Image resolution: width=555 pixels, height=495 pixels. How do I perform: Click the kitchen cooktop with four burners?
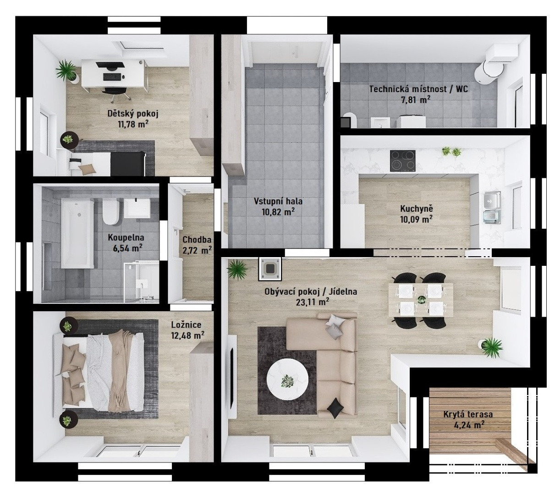[x=403, y=161]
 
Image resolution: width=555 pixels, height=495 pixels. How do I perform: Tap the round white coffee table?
[x=287, y=379]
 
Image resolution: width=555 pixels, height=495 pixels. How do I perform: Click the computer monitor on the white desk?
[x=110, y=66]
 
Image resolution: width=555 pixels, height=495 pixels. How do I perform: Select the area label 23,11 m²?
[x=313, y=302]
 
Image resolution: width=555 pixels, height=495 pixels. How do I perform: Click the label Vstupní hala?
[x=278, y=201]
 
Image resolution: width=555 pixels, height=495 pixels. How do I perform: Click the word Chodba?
[x=197, y=240]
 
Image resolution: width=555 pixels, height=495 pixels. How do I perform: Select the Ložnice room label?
[x=186, y=325]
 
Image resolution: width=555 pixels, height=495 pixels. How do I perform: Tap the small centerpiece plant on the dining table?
[x=421, y=299]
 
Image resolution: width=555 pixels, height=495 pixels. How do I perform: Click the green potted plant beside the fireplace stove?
[x=237, y=269]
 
